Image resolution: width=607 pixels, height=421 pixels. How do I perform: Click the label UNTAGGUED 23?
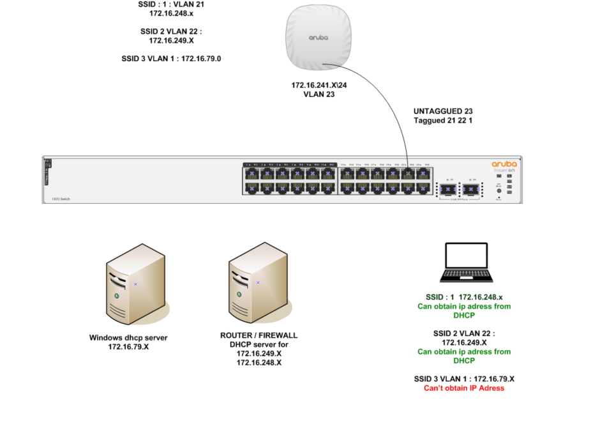[x=443, y=111]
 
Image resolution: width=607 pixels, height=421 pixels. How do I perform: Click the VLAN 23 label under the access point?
[x=319, y=95]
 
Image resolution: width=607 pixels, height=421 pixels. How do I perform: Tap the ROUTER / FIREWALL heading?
[x=259, y=335]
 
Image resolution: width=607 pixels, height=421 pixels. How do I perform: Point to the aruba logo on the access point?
[x=318, y=38]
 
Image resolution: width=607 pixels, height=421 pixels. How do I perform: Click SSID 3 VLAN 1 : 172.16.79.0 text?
[x=176, y=59]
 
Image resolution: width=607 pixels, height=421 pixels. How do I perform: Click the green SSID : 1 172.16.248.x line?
[x=464, y=298]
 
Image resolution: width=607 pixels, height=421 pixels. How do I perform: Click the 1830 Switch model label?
[x=61, y=199]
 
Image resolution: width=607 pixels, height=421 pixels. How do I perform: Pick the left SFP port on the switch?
[x=448, y=189]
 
